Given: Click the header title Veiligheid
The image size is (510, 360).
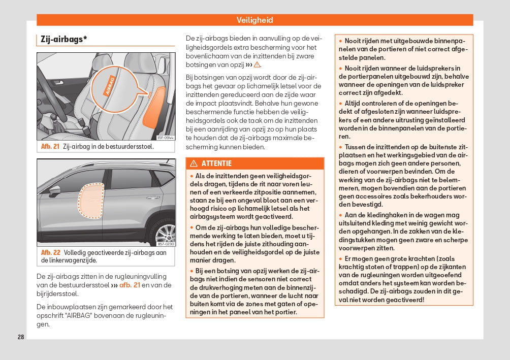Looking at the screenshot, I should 254,20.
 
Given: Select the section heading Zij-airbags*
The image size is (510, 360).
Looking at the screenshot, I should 63,39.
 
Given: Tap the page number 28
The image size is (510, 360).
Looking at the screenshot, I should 21,337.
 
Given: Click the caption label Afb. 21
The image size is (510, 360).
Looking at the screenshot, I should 50,147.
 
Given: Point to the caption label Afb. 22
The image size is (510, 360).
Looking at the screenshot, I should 50,252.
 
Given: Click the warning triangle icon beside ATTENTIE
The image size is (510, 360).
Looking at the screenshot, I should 194,163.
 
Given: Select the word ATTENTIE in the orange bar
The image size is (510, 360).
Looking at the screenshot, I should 216,163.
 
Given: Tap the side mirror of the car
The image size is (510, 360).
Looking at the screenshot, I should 55,190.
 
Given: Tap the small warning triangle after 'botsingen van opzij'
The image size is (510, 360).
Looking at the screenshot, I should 257,65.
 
